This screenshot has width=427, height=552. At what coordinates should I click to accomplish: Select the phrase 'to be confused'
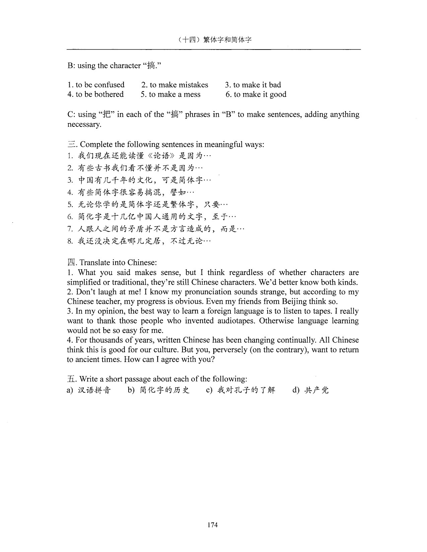[x=100, y=85]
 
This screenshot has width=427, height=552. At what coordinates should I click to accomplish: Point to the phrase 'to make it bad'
[x=257, y=85]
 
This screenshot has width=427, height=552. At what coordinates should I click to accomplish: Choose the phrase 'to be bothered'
[x=99, y=94]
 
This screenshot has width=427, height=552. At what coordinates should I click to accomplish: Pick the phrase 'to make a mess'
[x=174, y=94]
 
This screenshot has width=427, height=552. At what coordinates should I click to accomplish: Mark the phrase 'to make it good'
[x=260, y=94]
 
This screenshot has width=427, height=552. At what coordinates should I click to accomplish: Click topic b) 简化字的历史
[x=164, y=390]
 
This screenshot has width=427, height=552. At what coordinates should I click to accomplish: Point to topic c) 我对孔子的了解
[x=246, y=390]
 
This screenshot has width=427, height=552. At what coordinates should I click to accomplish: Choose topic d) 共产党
[x=316, y=390]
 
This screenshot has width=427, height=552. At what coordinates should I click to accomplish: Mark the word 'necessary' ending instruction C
[x=83, y=124]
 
